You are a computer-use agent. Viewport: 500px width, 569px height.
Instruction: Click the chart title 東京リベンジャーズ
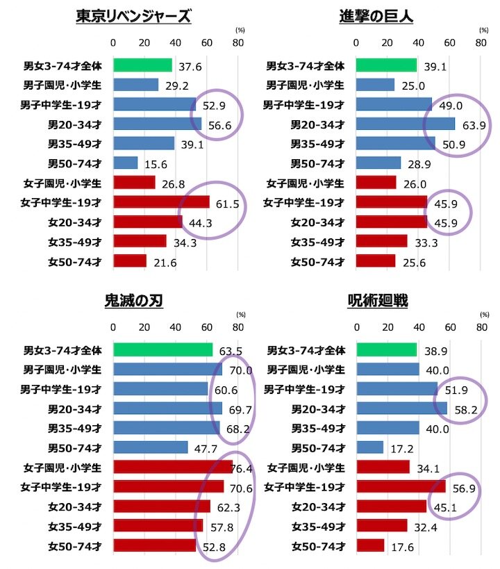133,17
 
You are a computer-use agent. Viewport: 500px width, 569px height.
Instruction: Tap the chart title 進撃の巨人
376,17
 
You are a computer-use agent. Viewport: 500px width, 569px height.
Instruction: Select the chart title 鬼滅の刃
133,302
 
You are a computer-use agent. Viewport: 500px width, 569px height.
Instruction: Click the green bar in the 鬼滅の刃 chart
162,350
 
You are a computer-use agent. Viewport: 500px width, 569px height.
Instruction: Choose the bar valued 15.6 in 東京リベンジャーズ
125,163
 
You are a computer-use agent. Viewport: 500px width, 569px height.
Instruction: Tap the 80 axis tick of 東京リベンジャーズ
237,43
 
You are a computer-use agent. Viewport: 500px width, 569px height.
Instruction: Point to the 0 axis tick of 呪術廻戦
356,328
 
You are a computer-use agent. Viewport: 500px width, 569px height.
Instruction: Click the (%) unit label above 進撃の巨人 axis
483,31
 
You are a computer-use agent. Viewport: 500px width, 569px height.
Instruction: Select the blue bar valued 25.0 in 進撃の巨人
375,85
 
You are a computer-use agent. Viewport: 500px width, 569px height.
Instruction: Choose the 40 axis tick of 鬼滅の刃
175,328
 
